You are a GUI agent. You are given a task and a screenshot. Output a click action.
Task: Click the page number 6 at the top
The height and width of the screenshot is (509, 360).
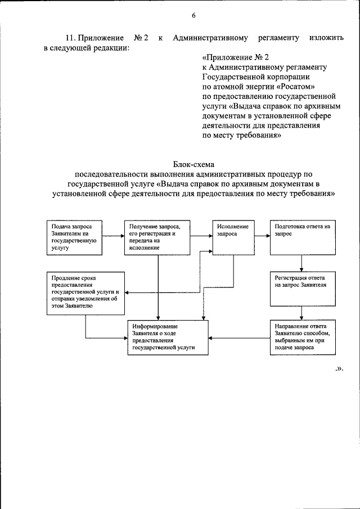coord(193,16)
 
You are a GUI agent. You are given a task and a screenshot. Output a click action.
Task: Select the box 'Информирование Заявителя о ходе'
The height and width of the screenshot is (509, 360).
coord(168,337)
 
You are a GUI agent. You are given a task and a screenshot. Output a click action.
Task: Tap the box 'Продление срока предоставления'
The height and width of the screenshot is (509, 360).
coord(85,293)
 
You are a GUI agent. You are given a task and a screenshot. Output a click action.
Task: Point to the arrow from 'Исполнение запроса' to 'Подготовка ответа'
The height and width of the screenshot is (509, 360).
coord(261,236)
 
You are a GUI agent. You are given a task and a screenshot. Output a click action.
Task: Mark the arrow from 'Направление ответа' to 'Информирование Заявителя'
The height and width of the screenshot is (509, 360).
coord(238,337)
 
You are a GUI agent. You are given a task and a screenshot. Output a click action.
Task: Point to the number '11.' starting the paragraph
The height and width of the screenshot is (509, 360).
coord(70,38)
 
